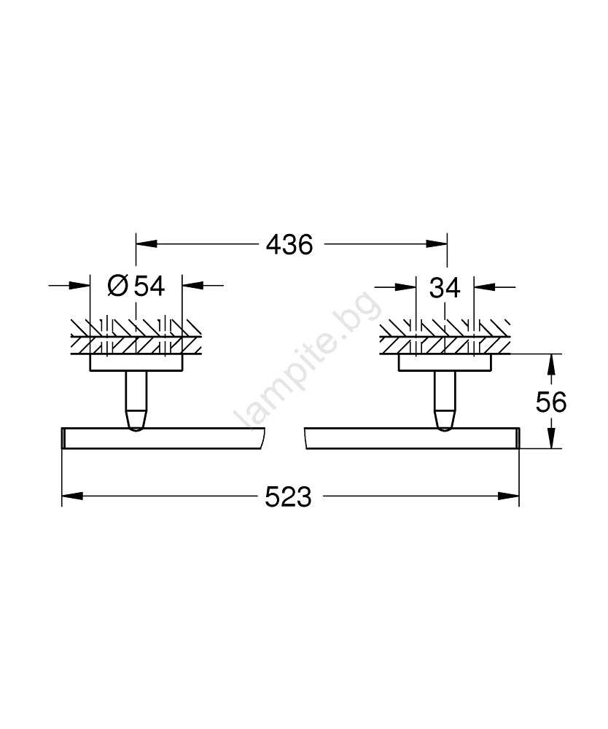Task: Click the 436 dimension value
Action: [289, 244]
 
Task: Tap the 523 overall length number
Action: [288, 497]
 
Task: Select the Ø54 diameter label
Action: [136, 286]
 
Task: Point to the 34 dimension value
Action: [445, 288]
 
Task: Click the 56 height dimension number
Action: [551, 402]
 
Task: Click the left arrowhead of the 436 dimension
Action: [146, 243]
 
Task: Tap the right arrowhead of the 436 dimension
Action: [437, 243]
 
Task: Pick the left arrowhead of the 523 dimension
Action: [72, 496]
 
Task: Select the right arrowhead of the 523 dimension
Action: [509, 496]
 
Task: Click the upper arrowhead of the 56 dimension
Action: [551, 364]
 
